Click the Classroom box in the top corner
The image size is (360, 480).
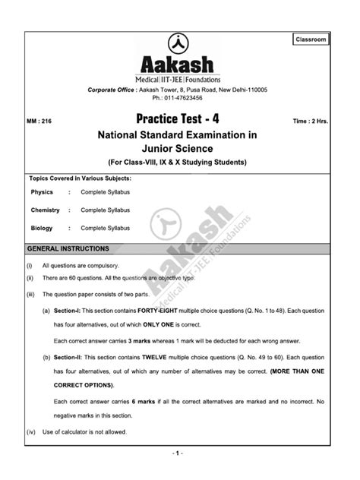point(311,38)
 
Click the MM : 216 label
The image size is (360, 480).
point(43,120)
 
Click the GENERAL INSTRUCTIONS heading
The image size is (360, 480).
point(68,249)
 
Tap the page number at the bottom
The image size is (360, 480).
point(180,454)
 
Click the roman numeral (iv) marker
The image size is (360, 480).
point(30,432)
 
